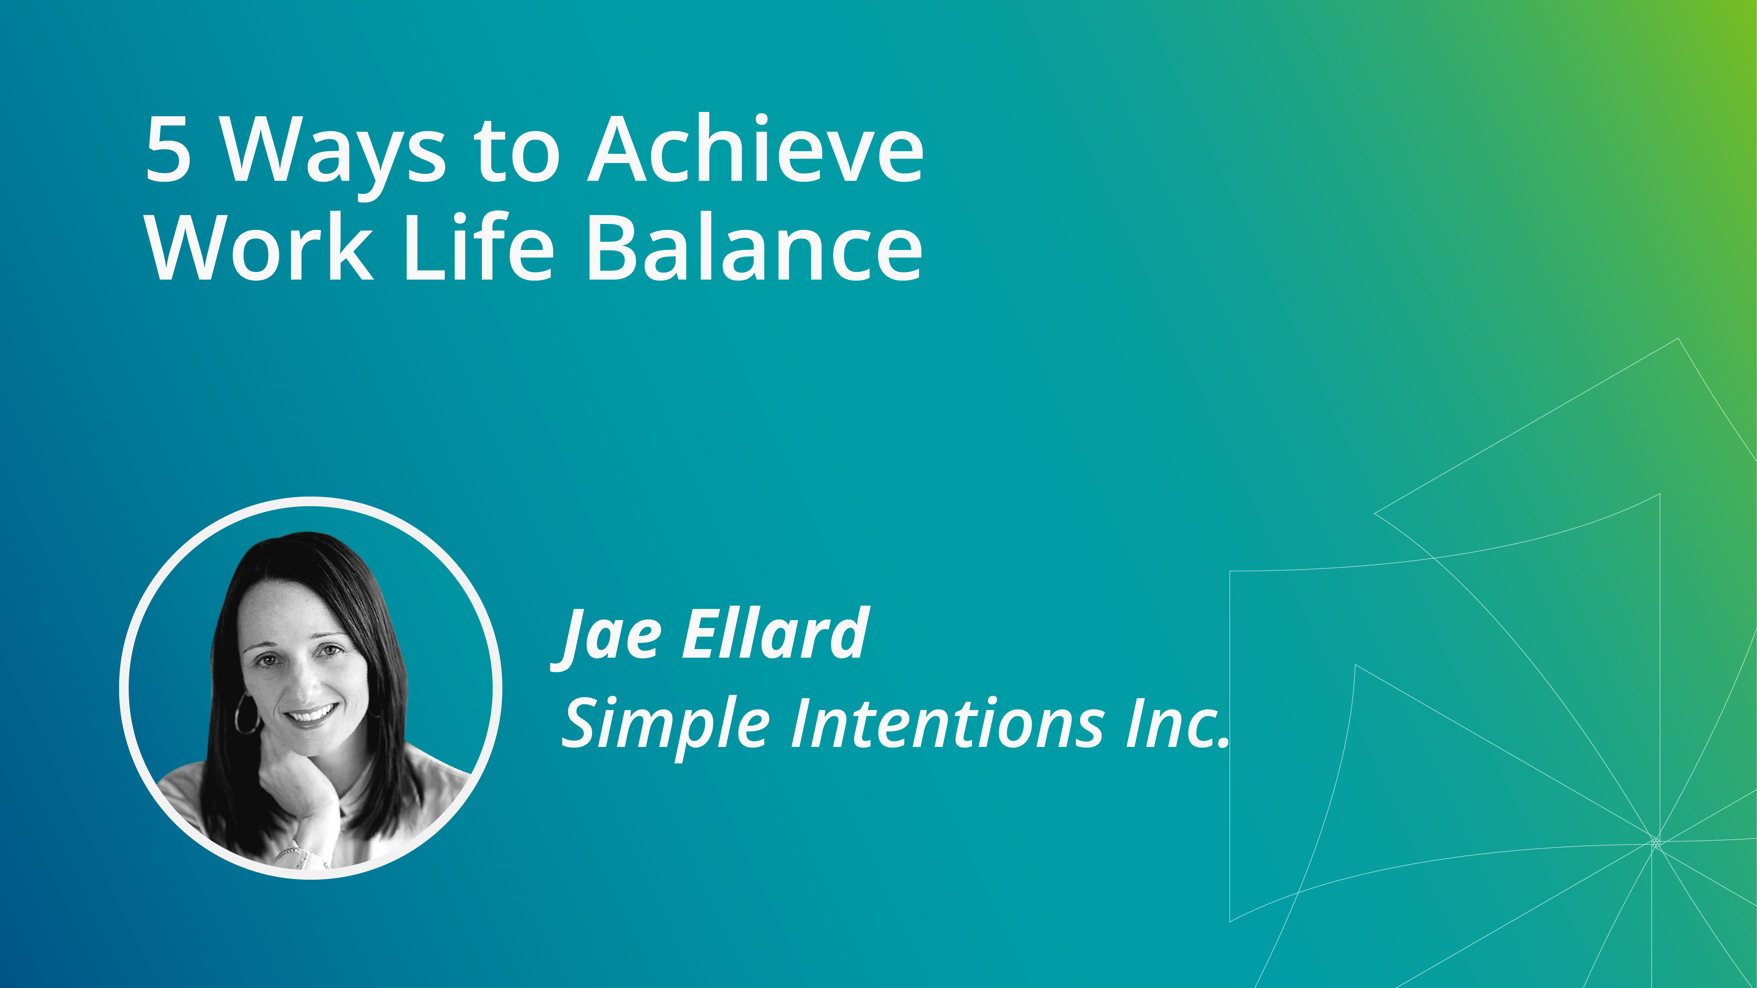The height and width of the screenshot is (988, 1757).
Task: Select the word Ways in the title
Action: [x=334, y=157]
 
